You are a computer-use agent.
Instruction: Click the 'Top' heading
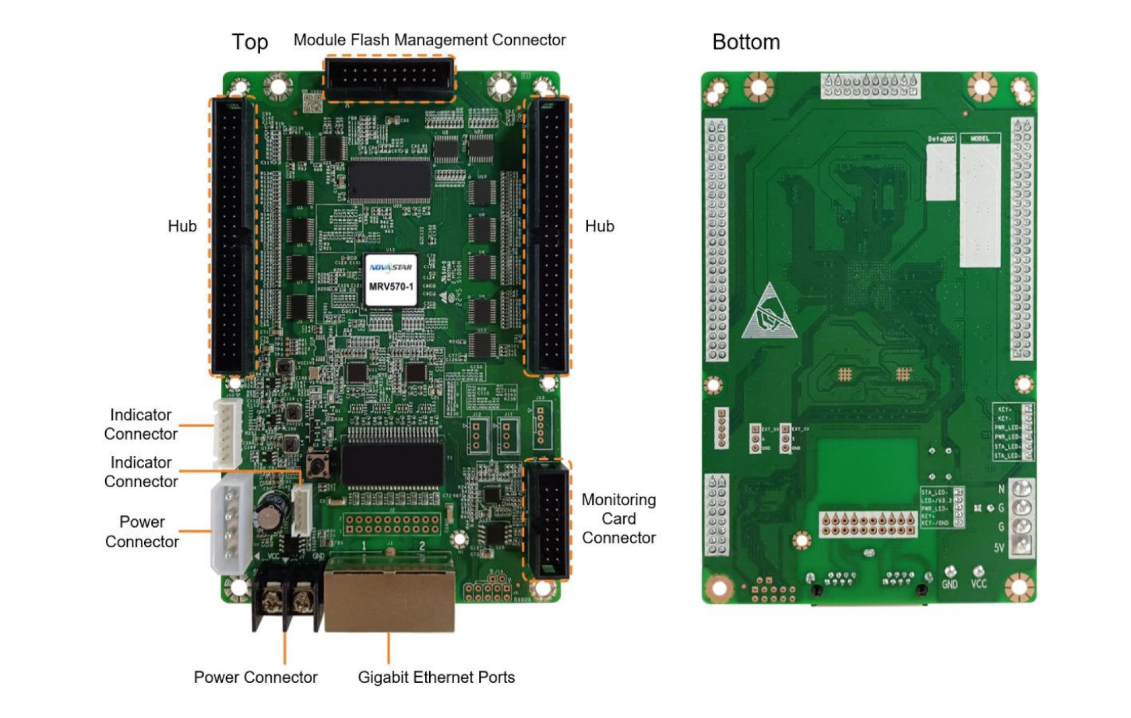249,42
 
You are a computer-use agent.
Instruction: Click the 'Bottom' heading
746,42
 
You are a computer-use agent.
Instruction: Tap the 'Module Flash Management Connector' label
429,40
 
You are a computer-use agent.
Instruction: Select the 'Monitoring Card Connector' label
619,518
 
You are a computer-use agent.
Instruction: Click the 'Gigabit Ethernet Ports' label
436,677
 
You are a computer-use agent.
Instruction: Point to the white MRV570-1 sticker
391,280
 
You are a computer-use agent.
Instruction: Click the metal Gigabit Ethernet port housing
389,594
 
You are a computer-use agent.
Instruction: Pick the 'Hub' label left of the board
182,226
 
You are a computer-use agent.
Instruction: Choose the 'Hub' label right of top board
599,226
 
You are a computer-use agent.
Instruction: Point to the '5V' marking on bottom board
999,548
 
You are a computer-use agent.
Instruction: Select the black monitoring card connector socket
547,519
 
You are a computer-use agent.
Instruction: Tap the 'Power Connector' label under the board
255,677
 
